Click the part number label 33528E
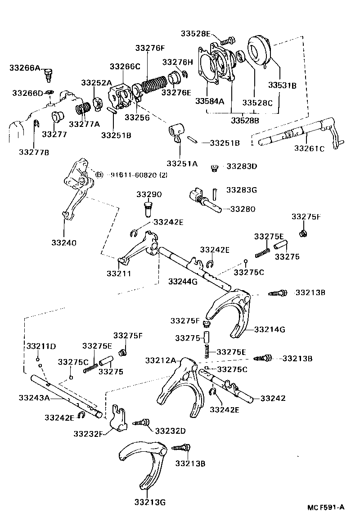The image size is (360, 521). click(x=196, y=33)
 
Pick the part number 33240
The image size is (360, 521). click(x=63, y=243)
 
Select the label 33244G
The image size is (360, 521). click(x=183, y=282)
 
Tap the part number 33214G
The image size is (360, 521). click(x=270, y=329)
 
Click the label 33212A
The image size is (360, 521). click(x=161, y=360)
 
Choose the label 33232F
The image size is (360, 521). click(x=89, y=433)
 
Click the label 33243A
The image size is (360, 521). click(x=34, y=398)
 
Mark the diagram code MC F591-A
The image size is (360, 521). click(x=326, y=507)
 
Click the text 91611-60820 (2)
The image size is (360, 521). click(x=139, y=175)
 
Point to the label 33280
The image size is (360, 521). click(x=243, y=209)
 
